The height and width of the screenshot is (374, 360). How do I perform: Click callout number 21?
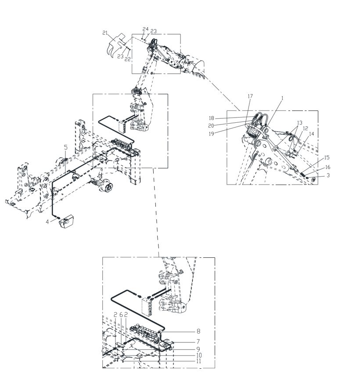105,33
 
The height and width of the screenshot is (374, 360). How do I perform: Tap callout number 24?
145,29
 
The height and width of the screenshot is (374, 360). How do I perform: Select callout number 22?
128,59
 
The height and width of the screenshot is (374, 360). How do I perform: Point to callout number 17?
250,96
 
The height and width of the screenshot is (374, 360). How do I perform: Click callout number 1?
282,98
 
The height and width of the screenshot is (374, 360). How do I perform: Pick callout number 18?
212,118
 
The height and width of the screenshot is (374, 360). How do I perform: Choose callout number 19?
211,134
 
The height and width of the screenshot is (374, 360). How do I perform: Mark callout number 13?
299,123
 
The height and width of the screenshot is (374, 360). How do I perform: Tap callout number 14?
312,134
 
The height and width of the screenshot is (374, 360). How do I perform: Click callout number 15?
327,158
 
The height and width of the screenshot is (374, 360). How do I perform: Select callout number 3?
328,175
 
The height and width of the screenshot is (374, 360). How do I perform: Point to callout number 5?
66,147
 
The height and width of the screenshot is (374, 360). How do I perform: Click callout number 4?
47,222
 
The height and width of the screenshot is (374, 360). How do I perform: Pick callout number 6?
121,315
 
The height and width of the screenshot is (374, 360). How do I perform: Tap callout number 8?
198,331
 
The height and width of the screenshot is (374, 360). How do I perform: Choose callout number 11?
198,361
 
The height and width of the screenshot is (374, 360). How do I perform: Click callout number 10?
199,356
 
